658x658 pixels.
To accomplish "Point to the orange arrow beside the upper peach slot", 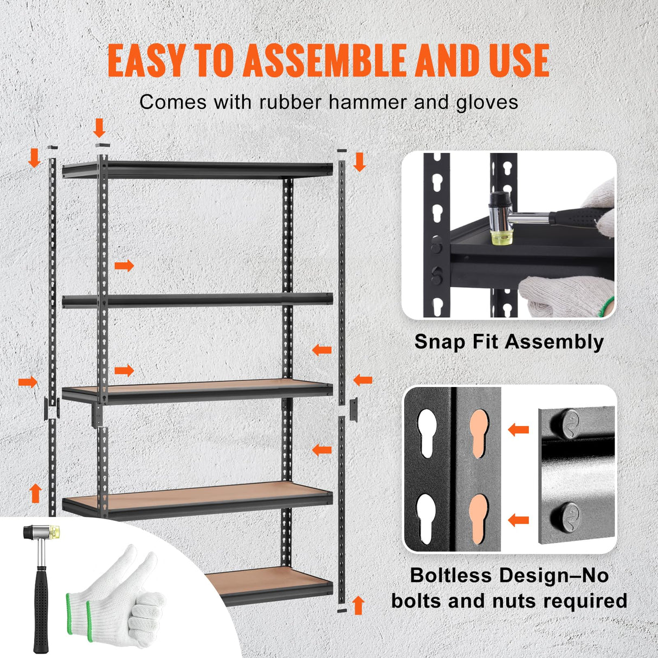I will [x=518, y=430].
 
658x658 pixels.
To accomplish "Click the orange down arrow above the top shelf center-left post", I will [x=99, y=128].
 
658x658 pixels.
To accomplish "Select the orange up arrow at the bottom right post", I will [x=358, y=604].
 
